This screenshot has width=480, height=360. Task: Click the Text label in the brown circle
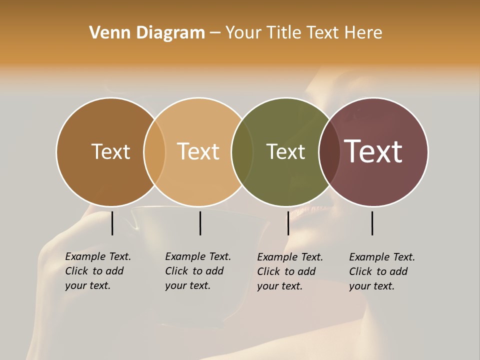pos(110,151)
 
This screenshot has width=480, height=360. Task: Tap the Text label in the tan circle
pos(198,151)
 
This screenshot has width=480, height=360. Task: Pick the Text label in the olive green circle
pos(285,151)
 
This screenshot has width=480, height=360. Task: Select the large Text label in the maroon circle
pos(373,151)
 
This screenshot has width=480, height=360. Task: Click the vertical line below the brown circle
pos(112,223)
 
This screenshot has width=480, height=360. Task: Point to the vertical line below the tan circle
pos(200,223)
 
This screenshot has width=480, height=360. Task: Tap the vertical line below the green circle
pos(288,223)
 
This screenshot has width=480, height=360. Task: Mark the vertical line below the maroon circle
pos(372,223)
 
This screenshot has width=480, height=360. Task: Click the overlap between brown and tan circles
pos(154,151)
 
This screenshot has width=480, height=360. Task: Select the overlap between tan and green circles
pos(242,151)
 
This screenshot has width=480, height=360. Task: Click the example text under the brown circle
pos(97,271)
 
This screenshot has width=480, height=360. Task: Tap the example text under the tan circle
pos(197,271)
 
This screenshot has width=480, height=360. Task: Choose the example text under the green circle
pos(289,271)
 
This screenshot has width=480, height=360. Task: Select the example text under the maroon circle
pos(381,271)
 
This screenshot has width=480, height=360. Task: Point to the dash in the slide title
pos(215,33)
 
